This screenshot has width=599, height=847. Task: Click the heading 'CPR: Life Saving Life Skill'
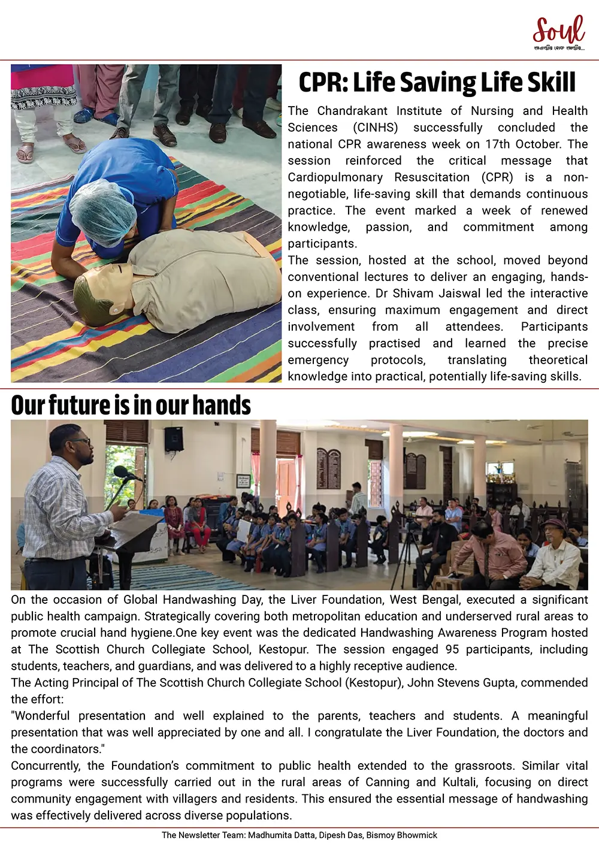[437, 83]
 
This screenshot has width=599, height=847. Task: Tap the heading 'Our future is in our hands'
[131, 405]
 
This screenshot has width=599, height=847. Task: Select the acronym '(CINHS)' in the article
[375, 128]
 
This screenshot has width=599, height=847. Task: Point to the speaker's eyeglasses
[81, 442]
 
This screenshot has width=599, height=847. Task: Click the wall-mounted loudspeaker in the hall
[173, 439]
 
